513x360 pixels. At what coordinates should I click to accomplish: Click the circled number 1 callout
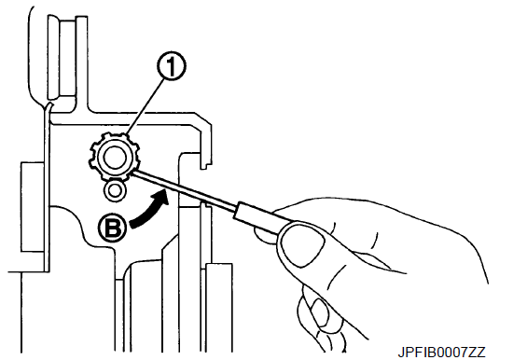(172, 67)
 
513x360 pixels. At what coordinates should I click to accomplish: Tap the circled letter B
(112, 228)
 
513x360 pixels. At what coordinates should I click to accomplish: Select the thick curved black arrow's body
(149, 211)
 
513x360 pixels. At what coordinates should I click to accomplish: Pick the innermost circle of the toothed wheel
(113, 157)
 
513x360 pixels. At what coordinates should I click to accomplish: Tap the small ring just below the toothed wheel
(115, 191)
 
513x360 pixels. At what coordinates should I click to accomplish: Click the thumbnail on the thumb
(302, 242)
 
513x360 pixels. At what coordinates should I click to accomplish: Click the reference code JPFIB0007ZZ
(441, 353)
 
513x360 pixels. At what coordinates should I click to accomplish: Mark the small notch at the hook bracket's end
(204, 166)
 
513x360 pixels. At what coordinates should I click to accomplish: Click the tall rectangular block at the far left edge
(32, 207)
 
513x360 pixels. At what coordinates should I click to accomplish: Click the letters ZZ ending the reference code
(478, 353)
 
